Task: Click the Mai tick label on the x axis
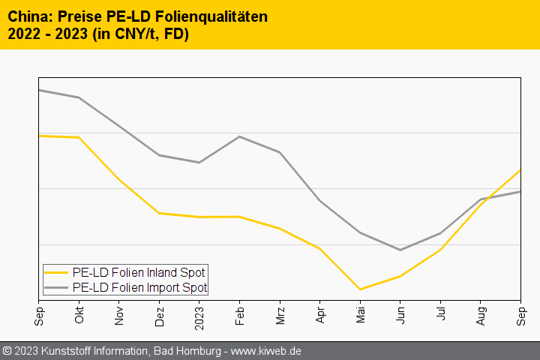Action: (360, 313)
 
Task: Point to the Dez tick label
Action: (159, 313)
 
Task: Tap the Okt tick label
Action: (79, 313)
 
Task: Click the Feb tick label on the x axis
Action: (239, 313)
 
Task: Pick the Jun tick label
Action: (400, 313)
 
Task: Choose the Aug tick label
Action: (481, 313)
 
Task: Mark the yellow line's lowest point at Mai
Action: (360, 289)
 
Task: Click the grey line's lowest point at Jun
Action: (400, 250)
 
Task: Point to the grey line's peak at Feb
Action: (239, 136)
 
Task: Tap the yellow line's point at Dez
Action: (159, 213)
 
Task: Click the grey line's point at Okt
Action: (79, 97)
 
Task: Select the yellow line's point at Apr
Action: (320, 249)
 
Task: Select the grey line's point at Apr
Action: (320, 201)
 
